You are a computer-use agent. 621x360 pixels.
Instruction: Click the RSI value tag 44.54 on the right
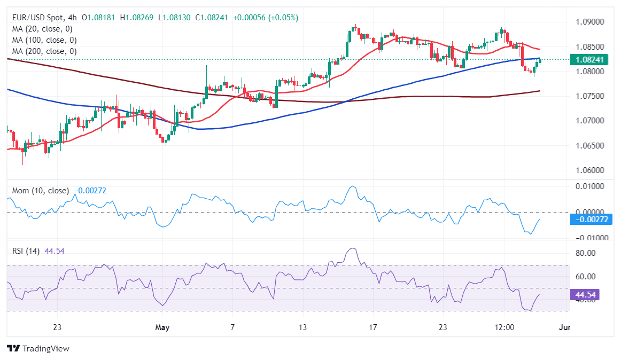pyautogui.click(x=586, y=295)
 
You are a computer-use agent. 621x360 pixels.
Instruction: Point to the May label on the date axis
pyautogui.click(x=161, y=327)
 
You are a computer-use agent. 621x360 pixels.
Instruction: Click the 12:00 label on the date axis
pyautogui.click(x=504, y=327)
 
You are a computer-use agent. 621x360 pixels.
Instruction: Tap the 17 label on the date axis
pyautogui.click(x=372, y=327)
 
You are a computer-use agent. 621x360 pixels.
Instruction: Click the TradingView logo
pyautogui.click(x=38, y=348)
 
